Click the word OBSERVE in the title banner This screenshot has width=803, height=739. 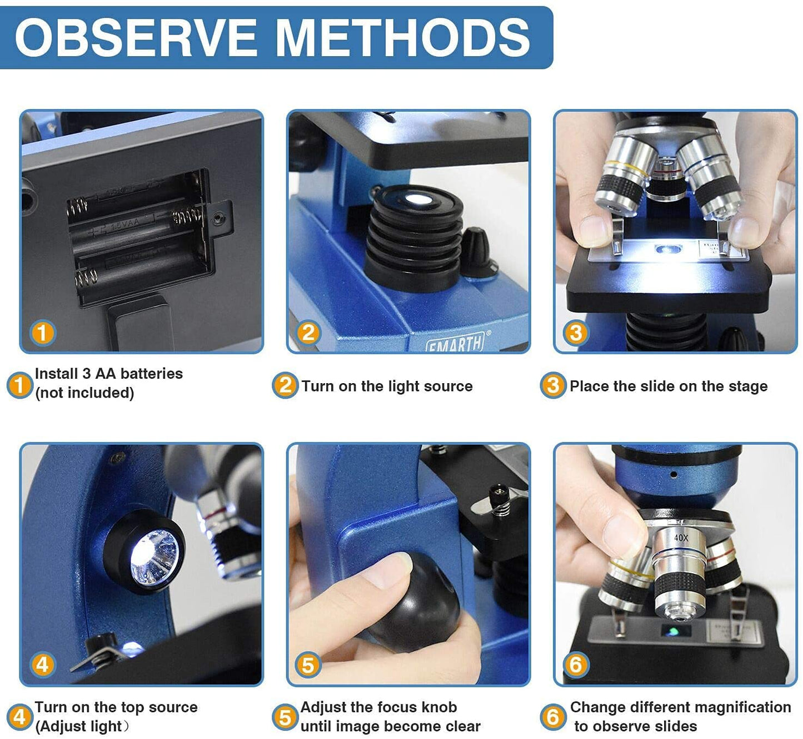136,37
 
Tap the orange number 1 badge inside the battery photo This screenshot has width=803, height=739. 42,333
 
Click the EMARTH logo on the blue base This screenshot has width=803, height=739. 455,343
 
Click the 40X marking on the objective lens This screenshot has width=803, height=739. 681,538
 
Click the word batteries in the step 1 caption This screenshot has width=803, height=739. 151,374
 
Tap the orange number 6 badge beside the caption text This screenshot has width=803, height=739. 553,717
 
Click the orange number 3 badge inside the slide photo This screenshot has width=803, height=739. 576,333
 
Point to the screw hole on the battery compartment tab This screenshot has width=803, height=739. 217,218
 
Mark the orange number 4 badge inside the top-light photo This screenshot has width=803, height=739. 42,664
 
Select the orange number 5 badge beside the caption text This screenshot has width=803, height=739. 285,717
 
